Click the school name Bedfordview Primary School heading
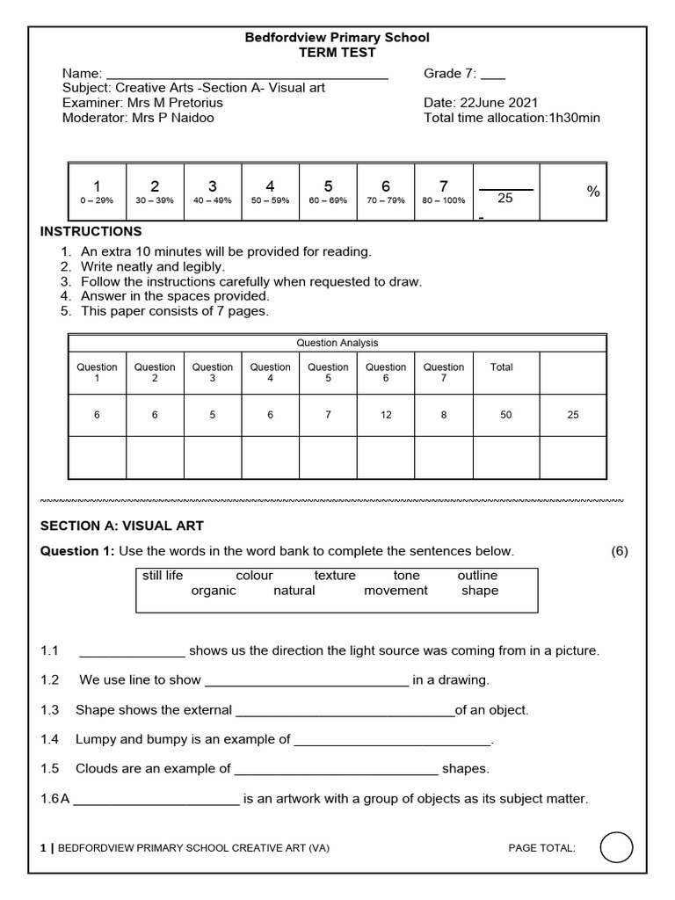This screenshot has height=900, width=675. [x=337, y=38]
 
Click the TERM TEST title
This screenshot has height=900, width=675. [x=337, y=53]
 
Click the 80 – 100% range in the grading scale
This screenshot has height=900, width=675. [x=443, y=200]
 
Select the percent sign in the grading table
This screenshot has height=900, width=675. [x=593, y=192]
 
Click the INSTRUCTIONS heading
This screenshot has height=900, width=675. [x=91, y=231]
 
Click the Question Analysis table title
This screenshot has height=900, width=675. [x=337, y=343]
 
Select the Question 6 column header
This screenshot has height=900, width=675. [x=386, y=373]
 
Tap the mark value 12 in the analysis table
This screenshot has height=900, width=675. [x=386, y=415]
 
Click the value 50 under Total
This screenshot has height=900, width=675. [x=505, y=415]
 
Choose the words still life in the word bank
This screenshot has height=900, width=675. [x=163, y=576]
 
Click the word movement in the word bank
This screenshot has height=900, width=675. [x=396, y=591]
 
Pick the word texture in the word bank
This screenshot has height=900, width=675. [x=335, y=576]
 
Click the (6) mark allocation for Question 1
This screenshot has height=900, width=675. [x=620, y=551]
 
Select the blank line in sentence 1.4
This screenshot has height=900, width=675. [x=391, y=740]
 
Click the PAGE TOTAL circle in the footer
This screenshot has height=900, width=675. [x=616, y=848]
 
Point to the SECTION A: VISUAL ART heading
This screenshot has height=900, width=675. [x=122, y=526]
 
